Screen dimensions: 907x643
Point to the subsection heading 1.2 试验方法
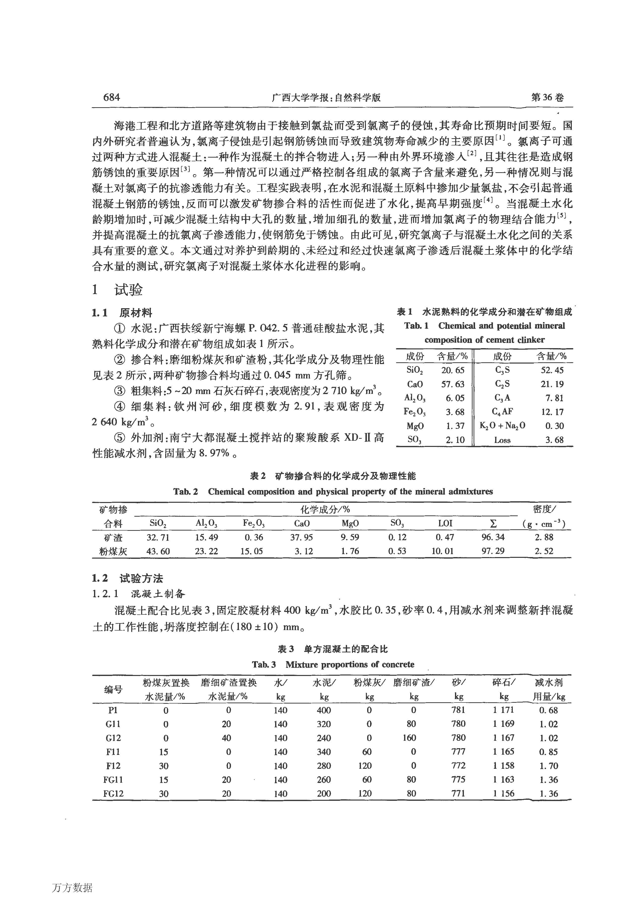coord(128,579)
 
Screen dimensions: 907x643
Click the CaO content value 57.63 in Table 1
coord(452,384)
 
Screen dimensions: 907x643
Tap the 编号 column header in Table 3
coord(113,690)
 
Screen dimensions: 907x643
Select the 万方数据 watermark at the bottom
coord(72,888)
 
